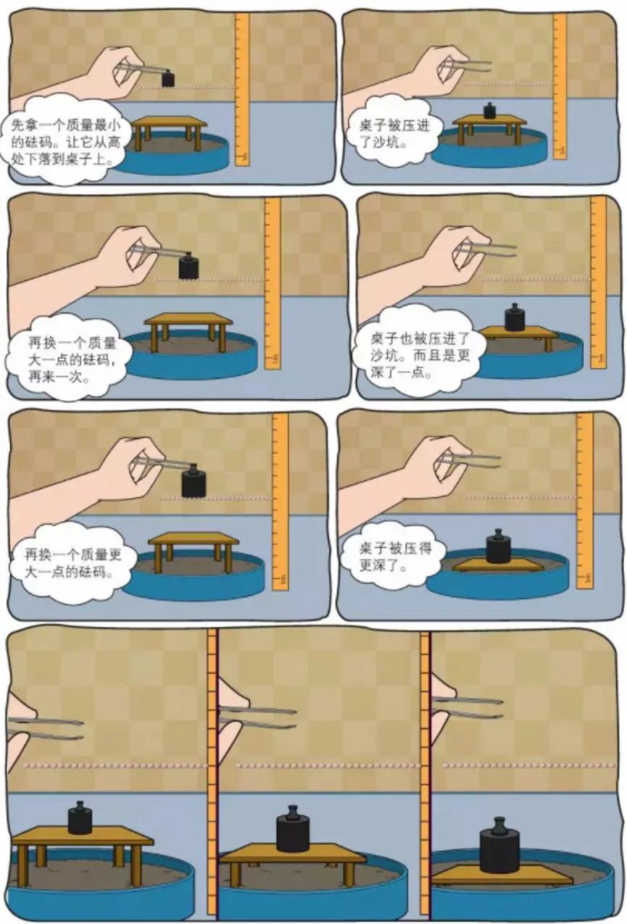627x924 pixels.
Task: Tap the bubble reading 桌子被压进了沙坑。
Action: pyautogui.click(x=395, y=133)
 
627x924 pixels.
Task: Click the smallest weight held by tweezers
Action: pyautogui.click(x=168, y=78)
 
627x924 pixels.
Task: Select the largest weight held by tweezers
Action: pyautogui.click(x=194, y=482)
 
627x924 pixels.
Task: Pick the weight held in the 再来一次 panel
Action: pyautogui.click(x=190, y=266)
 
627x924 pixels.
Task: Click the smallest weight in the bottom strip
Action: pyautogui.click(x=80, y=818)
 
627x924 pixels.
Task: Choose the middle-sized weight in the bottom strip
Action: pyautogui.click(x=293, y=831)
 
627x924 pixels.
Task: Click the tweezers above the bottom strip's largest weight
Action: pyautogui.click(x=471, y=707)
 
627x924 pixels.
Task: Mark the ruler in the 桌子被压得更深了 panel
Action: pyautogui.click(x=584, y=500)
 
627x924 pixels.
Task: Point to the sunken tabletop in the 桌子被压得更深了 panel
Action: pyautogui.click(x=497, y=566)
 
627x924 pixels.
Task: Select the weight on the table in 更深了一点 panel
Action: pyautogui.click(x=515, y=317)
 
